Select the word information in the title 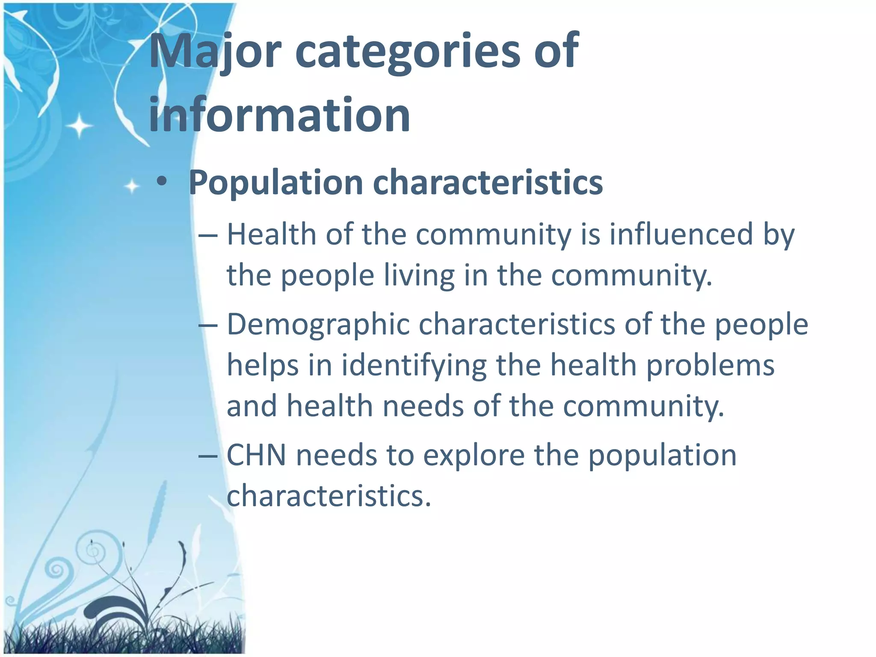279,115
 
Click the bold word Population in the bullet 275,183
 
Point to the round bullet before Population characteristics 162,182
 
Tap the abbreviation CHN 256,455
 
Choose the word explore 474,456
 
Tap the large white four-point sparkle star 79,126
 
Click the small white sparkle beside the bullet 132,186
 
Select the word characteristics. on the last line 328,496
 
